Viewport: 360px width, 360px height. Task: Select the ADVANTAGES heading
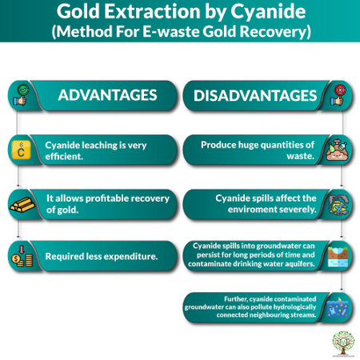click(107, 95)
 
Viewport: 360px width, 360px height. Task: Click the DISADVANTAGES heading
click(254, 95)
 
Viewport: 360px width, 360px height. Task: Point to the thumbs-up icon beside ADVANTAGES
click(18, 95)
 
